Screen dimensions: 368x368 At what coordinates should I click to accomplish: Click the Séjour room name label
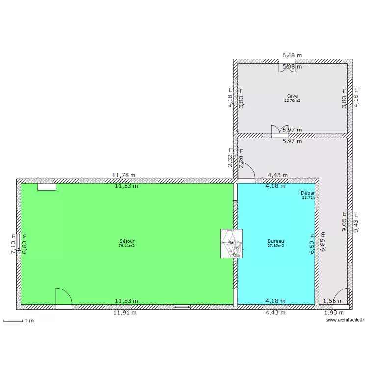click(127, 241)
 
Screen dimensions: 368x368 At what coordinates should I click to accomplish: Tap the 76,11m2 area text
click(127, 246)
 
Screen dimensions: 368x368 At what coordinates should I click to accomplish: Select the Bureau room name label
click(276, 241)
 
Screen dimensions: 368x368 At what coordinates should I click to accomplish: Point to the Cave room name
click(292, 96)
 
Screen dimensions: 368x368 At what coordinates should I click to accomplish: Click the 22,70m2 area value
click(292, 101)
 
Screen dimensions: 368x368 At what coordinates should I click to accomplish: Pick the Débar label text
click(308, 193)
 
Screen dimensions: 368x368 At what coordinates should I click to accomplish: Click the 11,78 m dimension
click(124, 175)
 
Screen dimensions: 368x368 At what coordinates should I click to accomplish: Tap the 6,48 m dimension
click(292, 56)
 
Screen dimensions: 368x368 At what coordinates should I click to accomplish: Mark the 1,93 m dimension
click(334, 312)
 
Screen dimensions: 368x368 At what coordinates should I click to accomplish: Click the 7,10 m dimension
click(14, 244)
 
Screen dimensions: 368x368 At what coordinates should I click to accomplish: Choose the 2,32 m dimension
click(230, 158)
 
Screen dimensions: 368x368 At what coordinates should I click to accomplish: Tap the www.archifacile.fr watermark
click(345, 320)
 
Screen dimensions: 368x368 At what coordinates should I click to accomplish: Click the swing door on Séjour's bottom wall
click(63, 298)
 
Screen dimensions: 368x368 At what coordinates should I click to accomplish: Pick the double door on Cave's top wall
click(287, 67)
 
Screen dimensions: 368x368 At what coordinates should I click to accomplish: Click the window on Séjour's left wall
click(18, 241)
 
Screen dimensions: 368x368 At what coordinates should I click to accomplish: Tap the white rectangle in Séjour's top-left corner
click(47, 186)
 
